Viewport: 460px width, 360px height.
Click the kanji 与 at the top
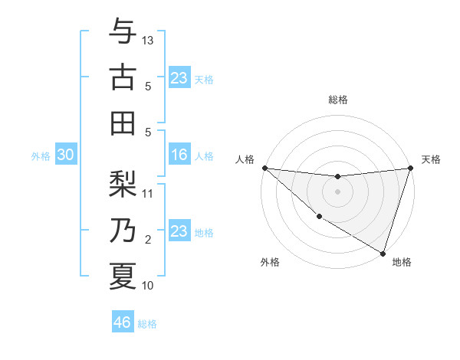click(123, 33)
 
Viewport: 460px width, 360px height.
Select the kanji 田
click(123, 122)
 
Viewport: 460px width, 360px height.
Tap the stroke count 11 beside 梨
click(149, 193)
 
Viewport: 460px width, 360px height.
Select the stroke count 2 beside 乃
click(149, 240)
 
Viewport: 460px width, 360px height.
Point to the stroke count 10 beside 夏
click(149, 286)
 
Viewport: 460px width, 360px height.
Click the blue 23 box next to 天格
click(179, 78)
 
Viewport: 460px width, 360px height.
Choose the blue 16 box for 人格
click(179, 155)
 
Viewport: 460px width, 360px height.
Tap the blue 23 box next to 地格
click(179, 232)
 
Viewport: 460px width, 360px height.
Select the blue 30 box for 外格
click(65, 155)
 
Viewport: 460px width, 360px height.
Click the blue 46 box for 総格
click(123, 322)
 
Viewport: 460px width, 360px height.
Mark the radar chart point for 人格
click(264, 168)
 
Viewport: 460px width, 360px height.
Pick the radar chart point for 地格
click(383, 253)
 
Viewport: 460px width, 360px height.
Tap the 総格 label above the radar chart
click(338, 100)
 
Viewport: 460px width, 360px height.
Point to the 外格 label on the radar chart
click(270, 262)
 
